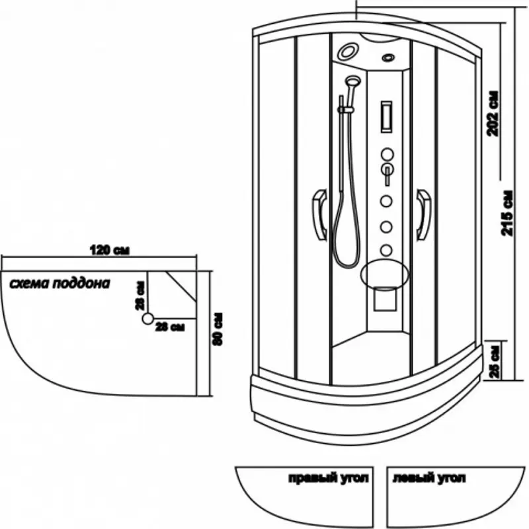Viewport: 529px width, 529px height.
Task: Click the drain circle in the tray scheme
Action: tap(147, 319)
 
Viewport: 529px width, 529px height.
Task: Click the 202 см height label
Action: tap(491, 114)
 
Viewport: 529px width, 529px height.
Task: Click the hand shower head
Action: tap(352, 82)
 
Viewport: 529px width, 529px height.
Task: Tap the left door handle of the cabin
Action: tap(319, 214)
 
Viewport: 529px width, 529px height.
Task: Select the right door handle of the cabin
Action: tap(423, 214)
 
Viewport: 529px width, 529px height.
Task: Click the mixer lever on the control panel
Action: tap(386, 174)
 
